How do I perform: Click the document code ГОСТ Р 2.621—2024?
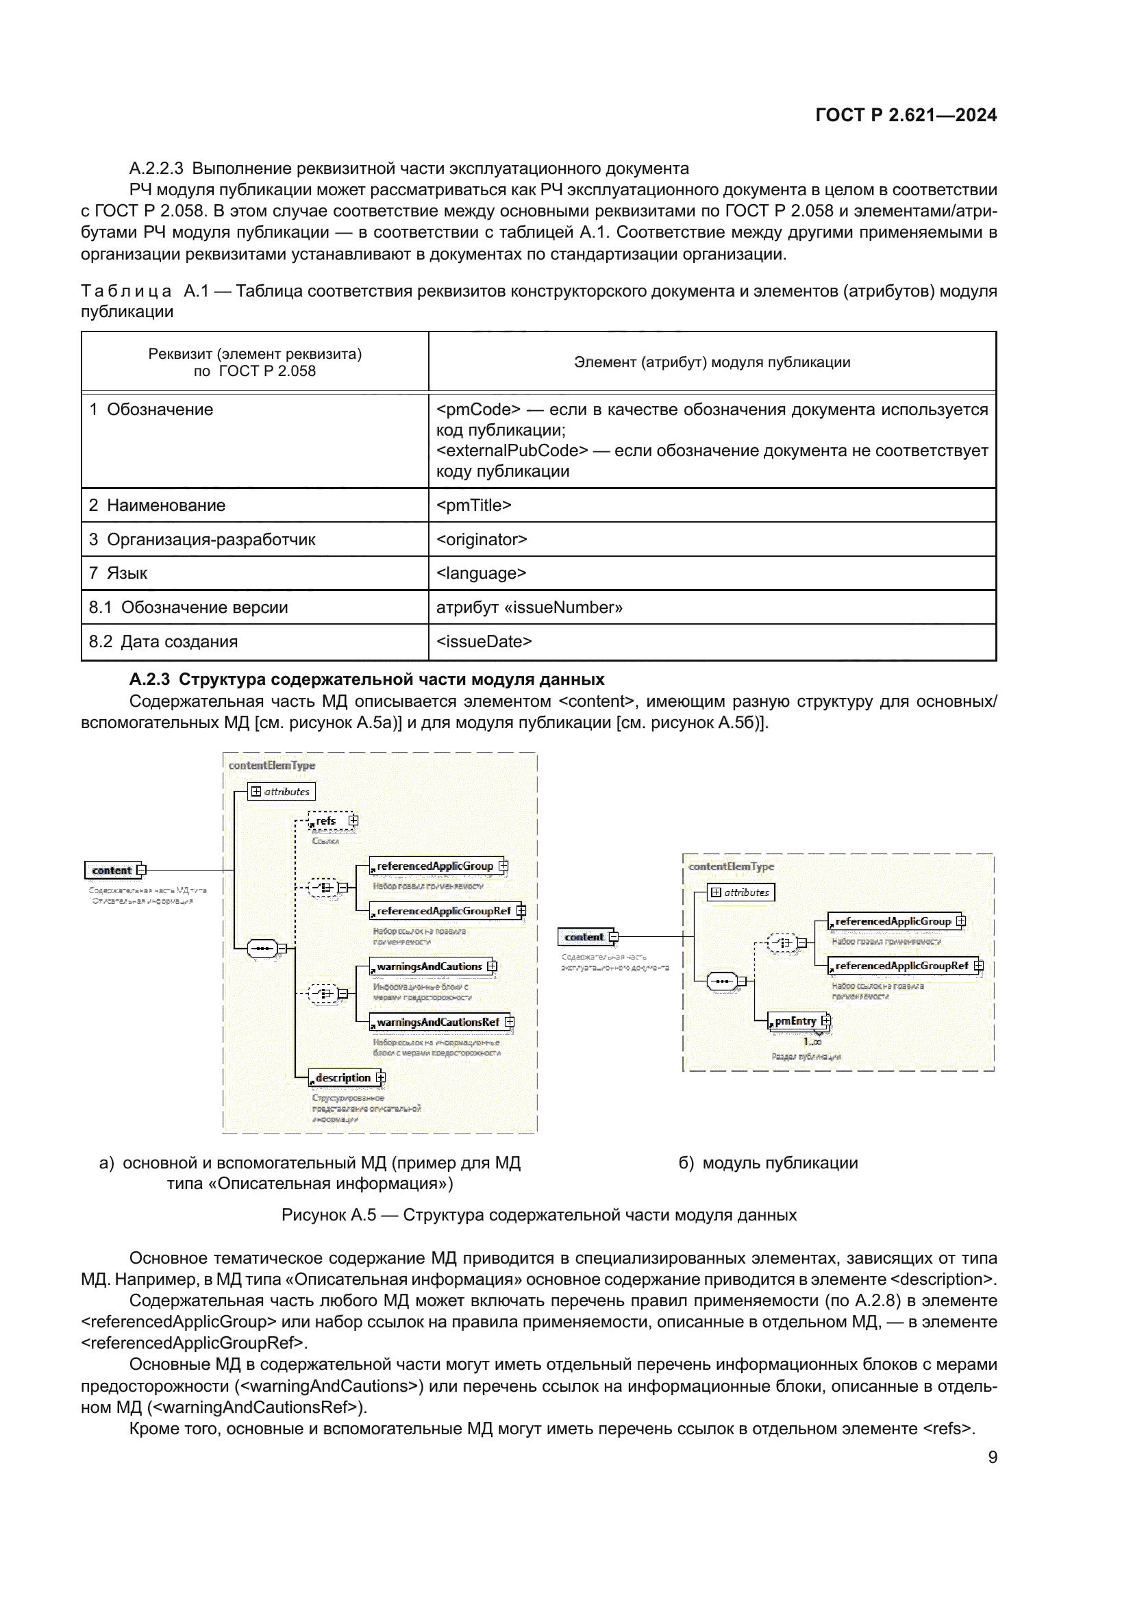tap(905, 115)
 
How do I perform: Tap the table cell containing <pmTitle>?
tap(712, 505)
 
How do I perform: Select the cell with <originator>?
tap(712, 539)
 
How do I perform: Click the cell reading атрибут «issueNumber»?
tap(712, 607)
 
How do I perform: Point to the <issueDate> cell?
tap(712, 641)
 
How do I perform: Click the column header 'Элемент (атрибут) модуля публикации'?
tap(712, 362)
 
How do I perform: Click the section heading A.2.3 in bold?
tap(366, 679)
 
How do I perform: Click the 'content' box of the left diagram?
tap(112, 870)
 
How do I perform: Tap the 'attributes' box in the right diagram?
tap(741, 892)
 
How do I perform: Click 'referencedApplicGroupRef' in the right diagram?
tap(903, 966)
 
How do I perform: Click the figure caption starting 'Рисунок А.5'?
tap(538, 1215)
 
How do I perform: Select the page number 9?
tap(992, 1457)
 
